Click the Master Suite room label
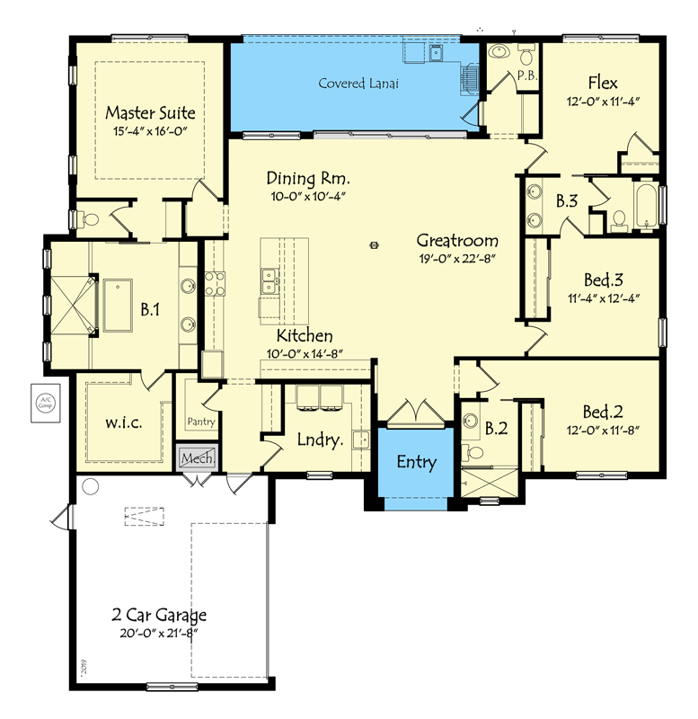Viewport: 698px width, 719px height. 150,113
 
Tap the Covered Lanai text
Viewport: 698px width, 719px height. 358,84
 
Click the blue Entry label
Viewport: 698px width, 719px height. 416,463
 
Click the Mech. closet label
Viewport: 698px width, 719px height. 197,457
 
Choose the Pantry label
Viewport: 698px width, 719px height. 199,421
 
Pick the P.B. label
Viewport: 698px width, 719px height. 527,75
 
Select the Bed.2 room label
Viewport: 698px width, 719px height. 602,413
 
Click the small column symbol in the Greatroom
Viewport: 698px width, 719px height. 375,243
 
